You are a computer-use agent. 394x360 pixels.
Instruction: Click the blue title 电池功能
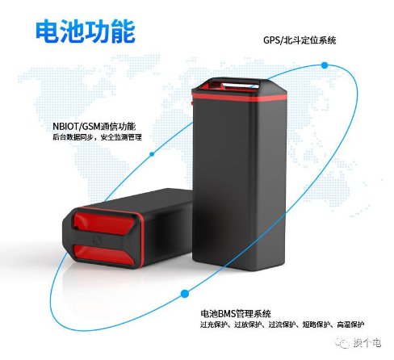(86, 31)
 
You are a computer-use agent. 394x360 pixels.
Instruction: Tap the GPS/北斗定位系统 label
(300, 40)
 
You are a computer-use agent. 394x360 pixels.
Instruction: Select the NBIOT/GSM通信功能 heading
(94, 126)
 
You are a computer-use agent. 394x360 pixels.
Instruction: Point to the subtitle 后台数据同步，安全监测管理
(97, 137)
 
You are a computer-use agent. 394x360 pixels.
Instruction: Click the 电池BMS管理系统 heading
(236, 313)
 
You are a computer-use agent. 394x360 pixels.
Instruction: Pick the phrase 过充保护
(214, 324)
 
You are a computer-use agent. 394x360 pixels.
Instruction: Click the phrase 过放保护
(248, 324)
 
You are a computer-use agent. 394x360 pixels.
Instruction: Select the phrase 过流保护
(283, 324)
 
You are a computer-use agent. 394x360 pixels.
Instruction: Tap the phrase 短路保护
(316, 324)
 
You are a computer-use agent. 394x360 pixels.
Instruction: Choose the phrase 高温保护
(350, 324)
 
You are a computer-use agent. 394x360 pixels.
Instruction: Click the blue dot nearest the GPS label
(325, 65)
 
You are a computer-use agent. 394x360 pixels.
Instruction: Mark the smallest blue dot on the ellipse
(152, 154)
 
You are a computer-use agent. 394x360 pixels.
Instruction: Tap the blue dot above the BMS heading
(184, 294)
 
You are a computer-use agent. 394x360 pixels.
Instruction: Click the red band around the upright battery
(239, 97)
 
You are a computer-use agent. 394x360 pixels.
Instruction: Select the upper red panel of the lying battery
(104, 223)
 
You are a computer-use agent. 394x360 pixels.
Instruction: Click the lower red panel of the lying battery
(103, 254)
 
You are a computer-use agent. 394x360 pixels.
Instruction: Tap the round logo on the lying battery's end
(97, 239)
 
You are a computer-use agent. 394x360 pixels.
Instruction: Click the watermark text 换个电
(367, 342)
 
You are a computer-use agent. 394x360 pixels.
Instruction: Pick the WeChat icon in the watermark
(342, 342)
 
